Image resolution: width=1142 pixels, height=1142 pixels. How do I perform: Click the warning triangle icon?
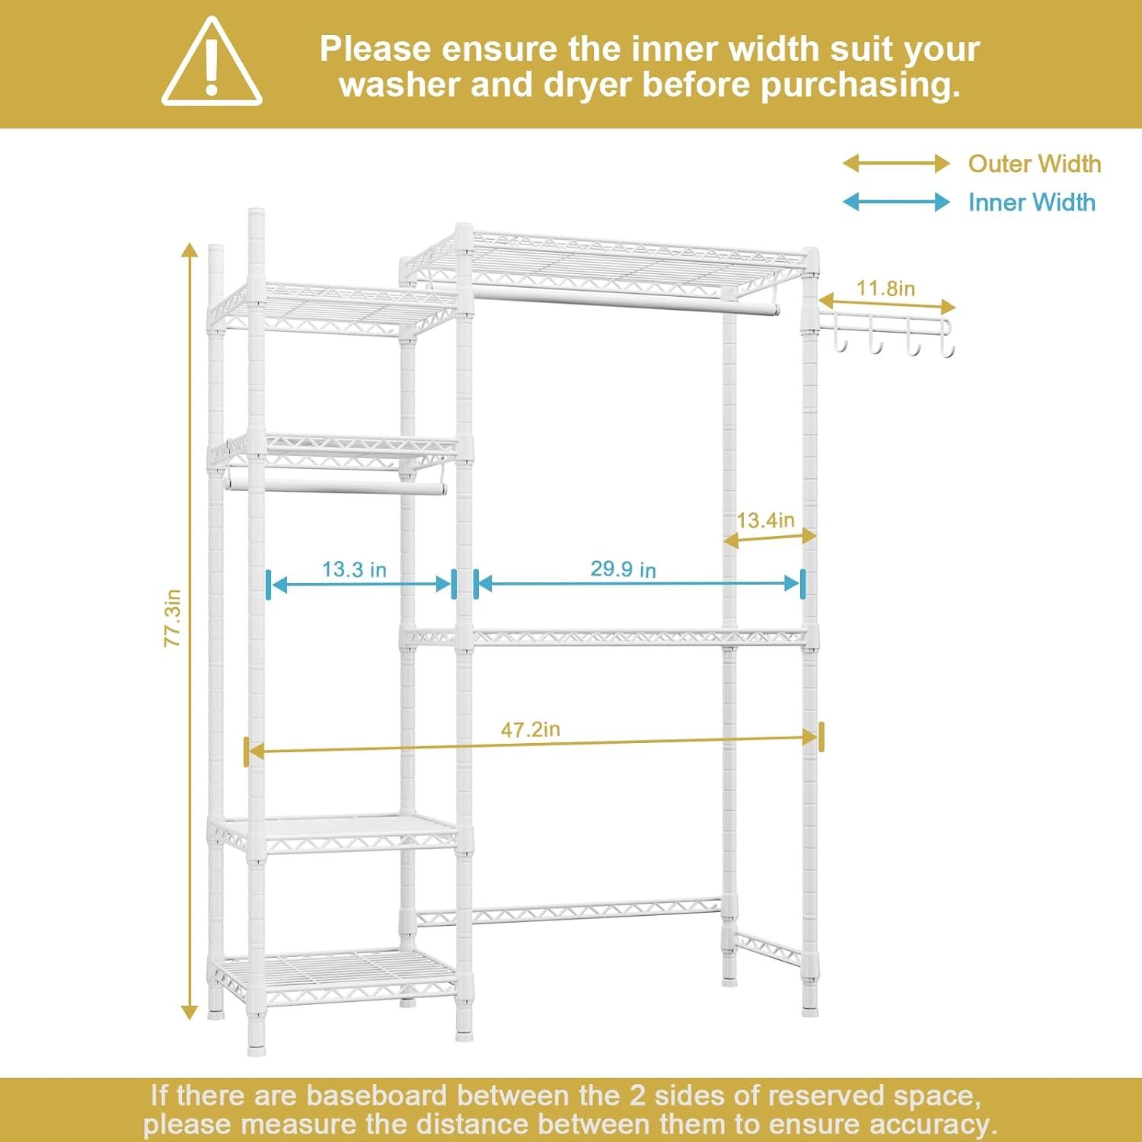click(212, 62)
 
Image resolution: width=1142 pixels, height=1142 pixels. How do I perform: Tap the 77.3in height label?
click(173, 618)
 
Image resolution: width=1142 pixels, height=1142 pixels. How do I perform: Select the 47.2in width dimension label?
click(530, 729)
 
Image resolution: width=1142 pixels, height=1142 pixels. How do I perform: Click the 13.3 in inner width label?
click(354, 569)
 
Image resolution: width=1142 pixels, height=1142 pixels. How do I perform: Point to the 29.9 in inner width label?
click(623, 569)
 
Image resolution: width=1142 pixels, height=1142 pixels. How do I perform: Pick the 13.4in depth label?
click(765, 520)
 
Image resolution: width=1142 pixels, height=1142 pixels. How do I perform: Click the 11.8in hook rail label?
click(885, 289)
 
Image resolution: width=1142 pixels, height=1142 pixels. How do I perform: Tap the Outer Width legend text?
click(1034, 164)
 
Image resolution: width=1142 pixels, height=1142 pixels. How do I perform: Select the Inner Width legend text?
click(1032, 203)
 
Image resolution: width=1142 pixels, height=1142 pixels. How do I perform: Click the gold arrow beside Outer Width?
click(896, 163)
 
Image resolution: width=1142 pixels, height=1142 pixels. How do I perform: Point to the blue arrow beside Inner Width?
click(896, 202)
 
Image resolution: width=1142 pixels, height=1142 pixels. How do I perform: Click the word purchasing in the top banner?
click(860, 85)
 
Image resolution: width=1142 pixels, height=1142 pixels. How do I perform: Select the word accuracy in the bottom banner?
click(933, 1124)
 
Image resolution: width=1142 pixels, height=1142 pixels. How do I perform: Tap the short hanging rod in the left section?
click(335, 486)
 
